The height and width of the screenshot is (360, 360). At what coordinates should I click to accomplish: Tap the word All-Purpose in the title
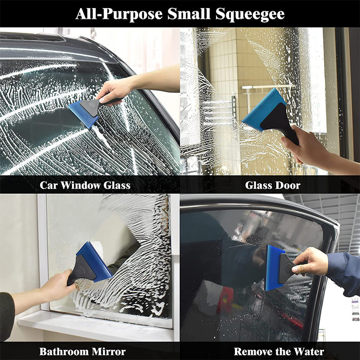tap(119, 14)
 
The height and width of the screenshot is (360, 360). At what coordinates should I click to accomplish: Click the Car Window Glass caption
tap(85, 185)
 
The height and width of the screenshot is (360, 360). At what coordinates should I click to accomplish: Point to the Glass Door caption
tap(273, 185)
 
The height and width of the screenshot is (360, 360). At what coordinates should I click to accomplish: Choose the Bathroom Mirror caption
tap(82, 351)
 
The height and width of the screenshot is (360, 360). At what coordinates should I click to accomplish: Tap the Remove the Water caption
tap(279, 351)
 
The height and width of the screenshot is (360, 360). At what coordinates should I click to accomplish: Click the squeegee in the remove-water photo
tap(279, 268)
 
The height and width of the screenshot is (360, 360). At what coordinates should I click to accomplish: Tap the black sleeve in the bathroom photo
tap(6, 315)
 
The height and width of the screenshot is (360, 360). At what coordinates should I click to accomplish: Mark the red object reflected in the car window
tap(225, 299)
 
